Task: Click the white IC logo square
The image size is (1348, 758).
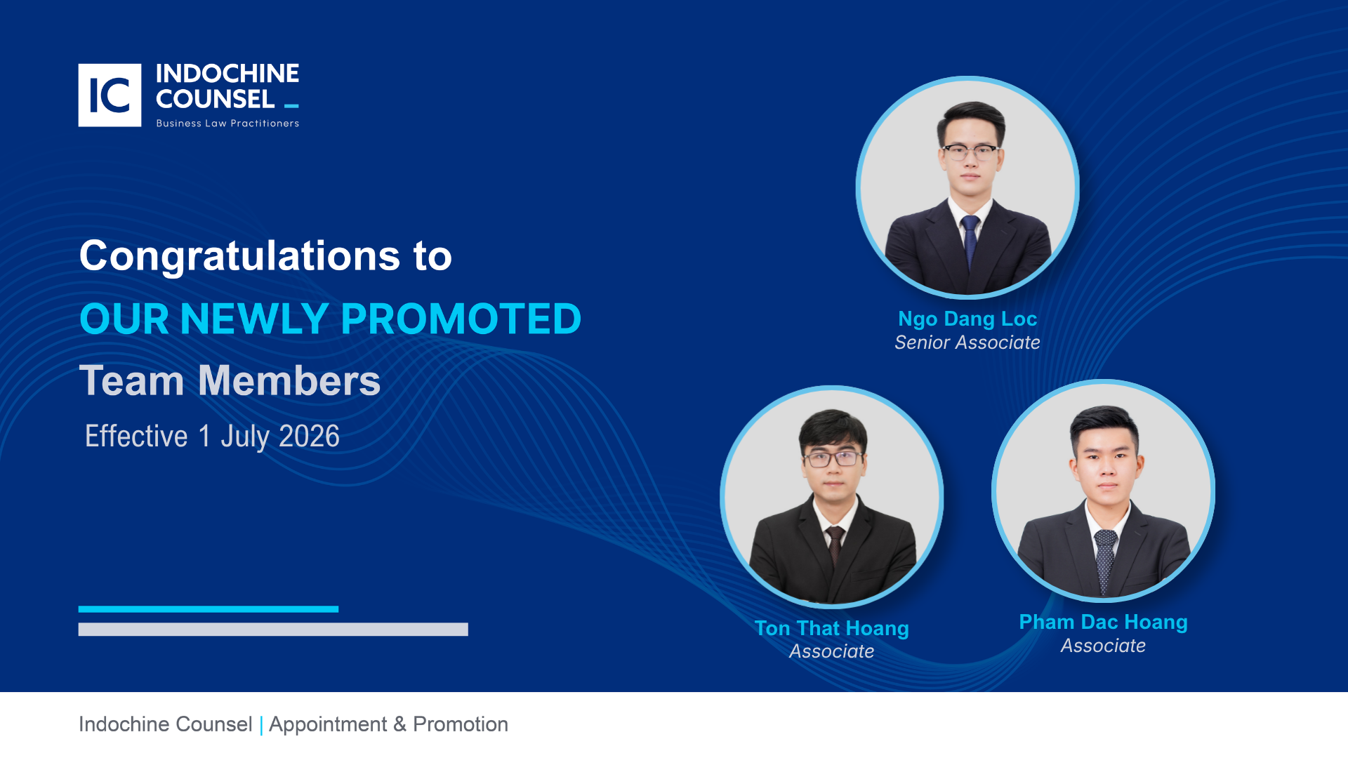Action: click(x=110, y=95)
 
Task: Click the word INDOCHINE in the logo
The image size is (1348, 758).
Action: click(x=227, y=74)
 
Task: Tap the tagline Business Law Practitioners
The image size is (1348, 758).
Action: click(x=227, y=124)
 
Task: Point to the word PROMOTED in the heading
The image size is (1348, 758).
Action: click(x=461, y=319)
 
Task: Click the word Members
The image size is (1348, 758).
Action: click(x=289, y=380)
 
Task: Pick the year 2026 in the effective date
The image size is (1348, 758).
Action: click(x=310, y=436)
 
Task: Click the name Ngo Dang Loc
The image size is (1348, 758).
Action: click(x=967, y=319)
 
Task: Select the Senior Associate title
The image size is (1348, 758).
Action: click(x=967, y=343)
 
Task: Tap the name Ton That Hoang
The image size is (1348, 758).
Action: click(x=832, y=628)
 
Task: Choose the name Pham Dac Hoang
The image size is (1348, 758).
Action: click(x=1104, y=622)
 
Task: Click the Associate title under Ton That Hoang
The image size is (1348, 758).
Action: click(x=832, y=651)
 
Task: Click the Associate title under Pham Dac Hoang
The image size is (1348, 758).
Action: click(x=1104, y=646)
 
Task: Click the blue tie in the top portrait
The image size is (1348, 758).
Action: click(x=970, y=242)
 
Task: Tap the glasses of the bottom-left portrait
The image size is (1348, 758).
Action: click(x=833, y=459)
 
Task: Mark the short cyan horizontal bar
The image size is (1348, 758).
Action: click(x=209, y=609)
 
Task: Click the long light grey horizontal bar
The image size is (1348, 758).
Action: click(x=273, y=630)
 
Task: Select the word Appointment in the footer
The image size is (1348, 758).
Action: click(x=328, y=724)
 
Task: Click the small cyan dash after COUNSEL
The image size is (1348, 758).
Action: click(x=291, y=106)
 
